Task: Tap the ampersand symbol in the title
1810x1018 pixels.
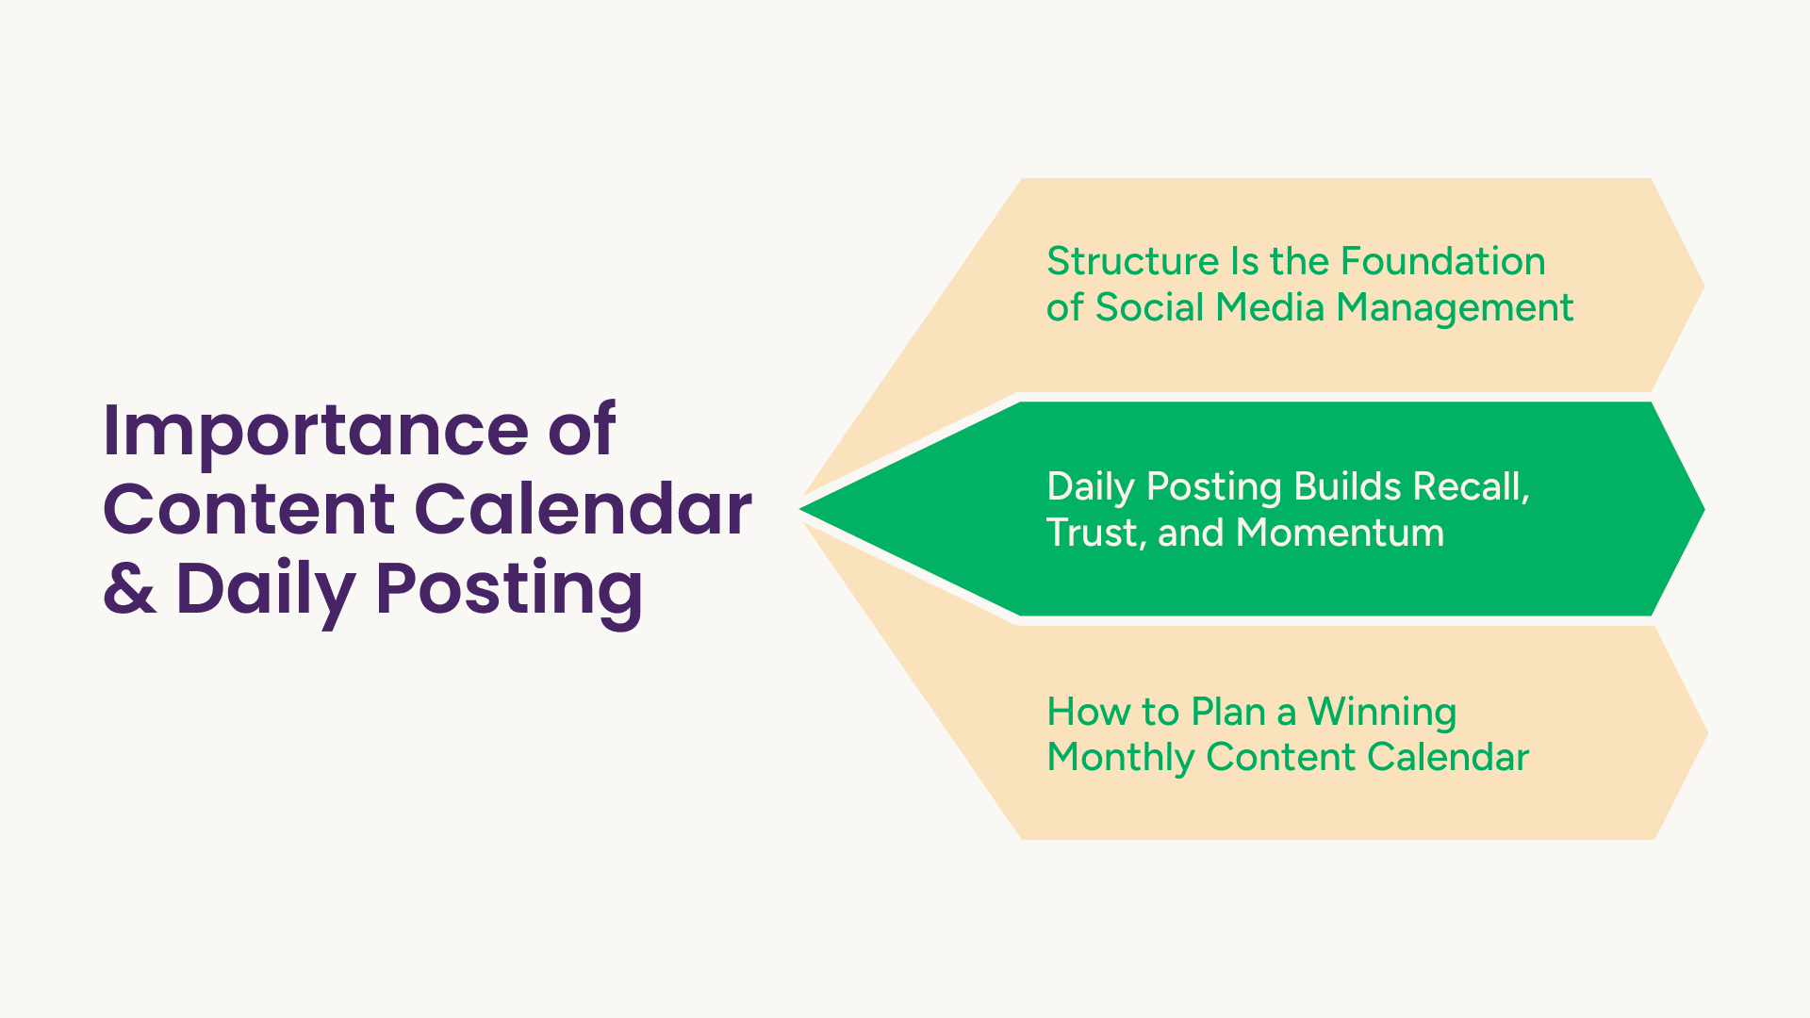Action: (129, 588)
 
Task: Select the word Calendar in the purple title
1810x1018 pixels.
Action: (584, 509)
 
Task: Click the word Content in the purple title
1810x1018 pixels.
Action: (249, 509)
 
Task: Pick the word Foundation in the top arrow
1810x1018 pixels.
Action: (1443, 261)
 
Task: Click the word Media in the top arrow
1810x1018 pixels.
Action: (1270, 307)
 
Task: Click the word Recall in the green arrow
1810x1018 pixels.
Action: (1471, 487)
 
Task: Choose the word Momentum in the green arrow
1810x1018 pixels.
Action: (1341, 534)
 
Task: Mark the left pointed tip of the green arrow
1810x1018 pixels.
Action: (800, 509)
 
